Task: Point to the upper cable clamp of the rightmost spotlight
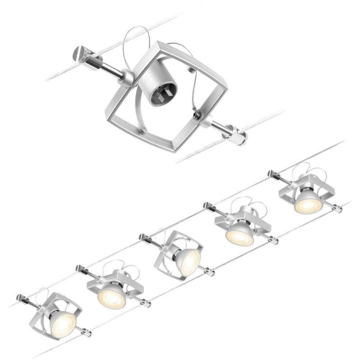272,173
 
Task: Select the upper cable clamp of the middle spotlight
144,237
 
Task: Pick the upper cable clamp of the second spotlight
81,269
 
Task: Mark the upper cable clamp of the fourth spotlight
208,206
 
